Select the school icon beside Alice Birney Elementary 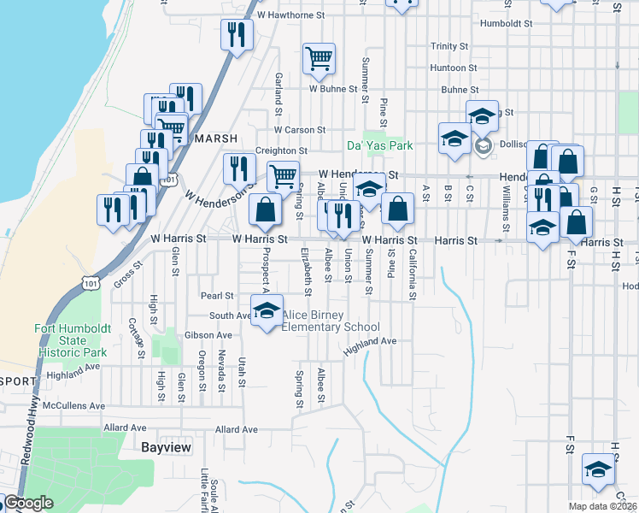click(x=267, y=310)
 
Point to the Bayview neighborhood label click(x=166, y=447)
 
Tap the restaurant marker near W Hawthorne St click(x=237, y=34)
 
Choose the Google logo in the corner click(x=28, y=503)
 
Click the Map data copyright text click(x=601, y=506)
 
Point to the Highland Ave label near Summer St click(x=371, y=341)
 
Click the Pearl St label click(x=217, y=296)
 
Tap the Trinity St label click(x=449, y=46)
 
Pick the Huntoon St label click(x=454, y=68)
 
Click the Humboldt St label click(x=506, y=24)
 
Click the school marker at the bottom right click(x=598, y=468)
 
